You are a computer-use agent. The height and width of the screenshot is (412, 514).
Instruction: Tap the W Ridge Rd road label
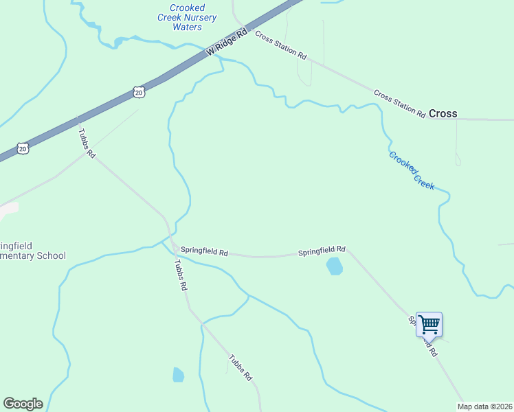(x=226, y=43)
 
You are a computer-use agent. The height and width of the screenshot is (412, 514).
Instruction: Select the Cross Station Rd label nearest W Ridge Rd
(x=280, y=45)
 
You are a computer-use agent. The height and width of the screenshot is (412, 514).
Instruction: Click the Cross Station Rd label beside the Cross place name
(x=399, y=102)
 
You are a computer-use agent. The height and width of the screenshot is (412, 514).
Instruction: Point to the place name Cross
(x=443, y=114)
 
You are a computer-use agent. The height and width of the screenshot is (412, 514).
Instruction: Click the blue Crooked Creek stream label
(x=412, y=170)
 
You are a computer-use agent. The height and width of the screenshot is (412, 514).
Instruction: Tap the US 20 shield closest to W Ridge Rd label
(x=139, y=91)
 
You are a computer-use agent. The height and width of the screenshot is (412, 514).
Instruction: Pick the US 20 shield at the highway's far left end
(x=23, y=148)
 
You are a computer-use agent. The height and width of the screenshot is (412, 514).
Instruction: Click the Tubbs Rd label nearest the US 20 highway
(x=86, y=144)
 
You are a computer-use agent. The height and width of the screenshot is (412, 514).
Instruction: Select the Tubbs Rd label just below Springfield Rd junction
(x=180, y=275)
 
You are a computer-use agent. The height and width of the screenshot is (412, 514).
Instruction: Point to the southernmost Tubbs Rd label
(x=241, y=369)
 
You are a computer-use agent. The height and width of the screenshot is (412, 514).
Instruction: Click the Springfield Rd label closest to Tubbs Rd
(x=204, y=252)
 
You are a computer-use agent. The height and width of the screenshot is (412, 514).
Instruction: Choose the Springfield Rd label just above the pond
(x=322, y=252)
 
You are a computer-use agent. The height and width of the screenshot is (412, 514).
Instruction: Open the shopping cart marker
(x=429, y=324)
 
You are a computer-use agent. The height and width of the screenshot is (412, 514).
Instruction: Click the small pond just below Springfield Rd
(x=335, y=266)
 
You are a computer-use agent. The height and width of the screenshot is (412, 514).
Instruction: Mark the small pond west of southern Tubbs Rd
(x=179, y=374)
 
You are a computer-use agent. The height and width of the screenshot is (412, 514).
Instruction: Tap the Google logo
(x=23, y=404)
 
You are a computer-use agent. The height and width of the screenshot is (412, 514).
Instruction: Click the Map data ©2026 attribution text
(x=485, y=407)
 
